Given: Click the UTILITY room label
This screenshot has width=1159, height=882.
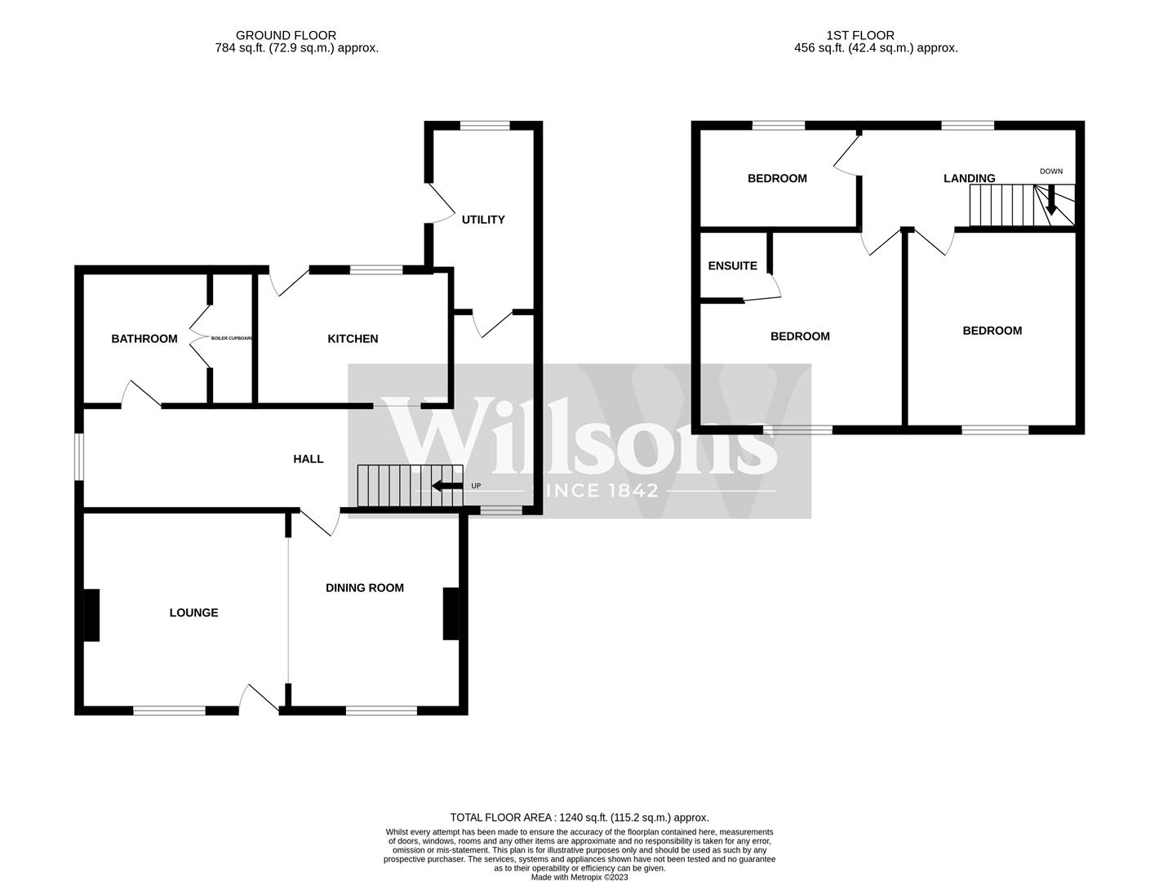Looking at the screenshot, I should [x=483, y=220].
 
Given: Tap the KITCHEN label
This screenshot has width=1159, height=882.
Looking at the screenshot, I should [x=353, y=339].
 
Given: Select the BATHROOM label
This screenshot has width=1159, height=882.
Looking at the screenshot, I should [x=144, y=339].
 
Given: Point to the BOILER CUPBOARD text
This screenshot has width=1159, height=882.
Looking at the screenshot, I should [x=232, y=338].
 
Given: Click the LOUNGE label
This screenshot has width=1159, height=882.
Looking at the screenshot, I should [x=194, y=612].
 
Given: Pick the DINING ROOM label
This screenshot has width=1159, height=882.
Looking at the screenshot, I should [x=365, y=588].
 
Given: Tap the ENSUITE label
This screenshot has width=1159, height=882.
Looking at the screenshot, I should [x=733, y=266].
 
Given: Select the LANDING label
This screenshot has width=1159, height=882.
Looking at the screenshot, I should [x=970, y=179].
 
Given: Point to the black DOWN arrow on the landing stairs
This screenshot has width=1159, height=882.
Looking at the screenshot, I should [x=1051, y=200].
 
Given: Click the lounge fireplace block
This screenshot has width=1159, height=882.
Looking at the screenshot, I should [x=91, y=615].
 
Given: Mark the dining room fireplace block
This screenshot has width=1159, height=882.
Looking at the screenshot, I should [x=451, y=613].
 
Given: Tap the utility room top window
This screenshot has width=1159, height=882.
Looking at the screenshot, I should [x=485, y=125].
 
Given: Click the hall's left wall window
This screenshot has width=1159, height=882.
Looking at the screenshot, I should [x=79, y=456].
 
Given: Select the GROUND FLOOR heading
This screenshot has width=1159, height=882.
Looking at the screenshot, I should [x=286, y=35].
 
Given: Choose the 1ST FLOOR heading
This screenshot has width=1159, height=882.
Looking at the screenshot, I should [x=860, y=35].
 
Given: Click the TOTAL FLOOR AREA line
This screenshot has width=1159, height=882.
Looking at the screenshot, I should [x=579, y=817].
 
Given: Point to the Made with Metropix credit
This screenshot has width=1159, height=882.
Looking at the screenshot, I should [x=579, y=877].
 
